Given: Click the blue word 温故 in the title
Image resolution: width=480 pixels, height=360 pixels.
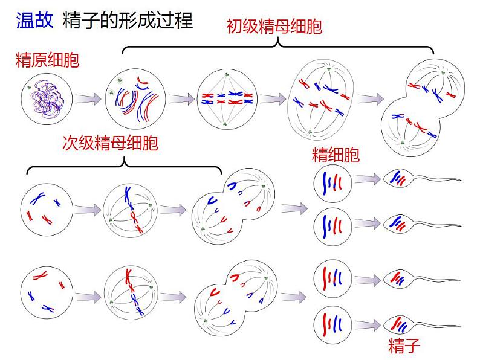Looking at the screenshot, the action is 35,21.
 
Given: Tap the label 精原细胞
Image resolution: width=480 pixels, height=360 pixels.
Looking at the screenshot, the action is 47,60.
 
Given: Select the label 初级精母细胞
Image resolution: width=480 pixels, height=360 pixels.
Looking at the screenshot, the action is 274,27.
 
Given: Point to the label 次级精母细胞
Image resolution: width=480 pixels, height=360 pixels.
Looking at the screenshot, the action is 110,143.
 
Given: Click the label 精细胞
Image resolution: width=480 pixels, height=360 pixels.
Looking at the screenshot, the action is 336,155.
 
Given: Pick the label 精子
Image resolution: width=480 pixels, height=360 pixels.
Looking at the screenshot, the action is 404,346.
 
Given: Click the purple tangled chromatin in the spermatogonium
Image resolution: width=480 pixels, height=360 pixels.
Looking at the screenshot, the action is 47,99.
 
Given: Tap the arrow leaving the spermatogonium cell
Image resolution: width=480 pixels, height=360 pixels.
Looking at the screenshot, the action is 88,99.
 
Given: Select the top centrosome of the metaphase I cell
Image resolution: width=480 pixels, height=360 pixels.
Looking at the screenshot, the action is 227,75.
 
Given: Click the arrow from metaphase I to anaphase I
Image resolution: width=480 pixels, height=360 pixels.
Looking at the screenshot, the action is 273,99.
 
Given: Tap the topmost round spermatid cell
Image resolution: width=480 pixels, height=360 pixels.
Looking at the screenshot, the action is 332,183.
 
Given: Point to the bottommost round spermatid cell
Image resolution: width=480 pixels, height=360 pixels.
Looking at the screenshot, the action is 332,326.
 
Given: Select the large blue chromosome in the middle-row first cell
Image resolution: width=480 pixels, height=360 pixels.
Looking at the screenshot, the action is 37,199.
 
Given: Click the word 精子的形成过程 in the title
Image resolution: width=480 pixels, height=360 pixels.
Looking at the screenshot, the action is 128,21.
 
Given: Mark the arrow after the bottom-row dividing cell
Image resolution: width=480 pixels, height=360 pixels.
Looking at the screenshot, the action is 293,297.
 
